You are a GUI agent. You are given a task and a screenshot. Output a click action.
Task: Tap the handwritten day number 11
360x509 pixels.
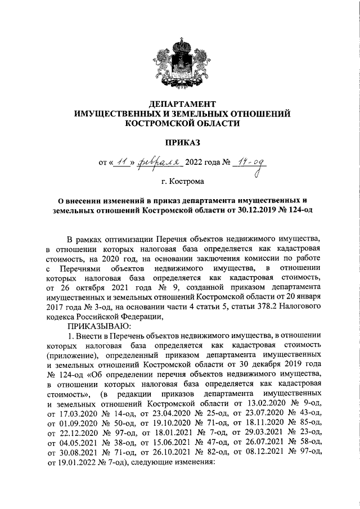click(120, 163)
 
